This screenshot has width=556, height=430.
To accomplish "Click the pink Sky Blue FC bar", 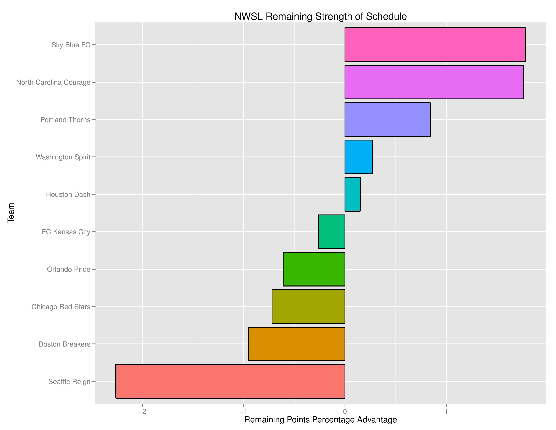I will coord(435,45).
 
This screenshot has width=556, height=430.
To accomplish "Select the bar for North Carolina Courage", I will coord(434,82).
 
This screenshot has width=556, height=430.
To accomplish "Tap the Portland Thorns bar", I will coord(387,120).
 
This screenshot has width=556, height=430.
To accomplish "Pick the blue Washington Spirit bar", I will coord(358,157).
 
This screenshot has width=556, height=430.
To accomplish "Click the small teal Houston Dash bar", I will coord(352,194).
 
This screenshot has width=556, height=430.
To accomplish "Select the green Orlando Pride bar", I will coord(314,269).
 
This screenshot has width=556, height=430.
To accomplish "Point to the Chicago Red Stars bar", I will coord(308,306).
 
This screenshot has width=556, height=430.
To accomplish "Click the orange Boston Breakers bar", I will coord(297,344).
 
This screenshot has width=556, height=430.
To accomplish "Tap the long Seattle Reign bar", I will coord(230,381).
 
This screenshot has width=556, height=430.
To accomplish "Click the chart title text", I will coord(320,17).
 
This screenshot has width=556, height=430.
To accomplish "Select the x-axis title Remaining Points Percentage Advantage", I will coord(320,420).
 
